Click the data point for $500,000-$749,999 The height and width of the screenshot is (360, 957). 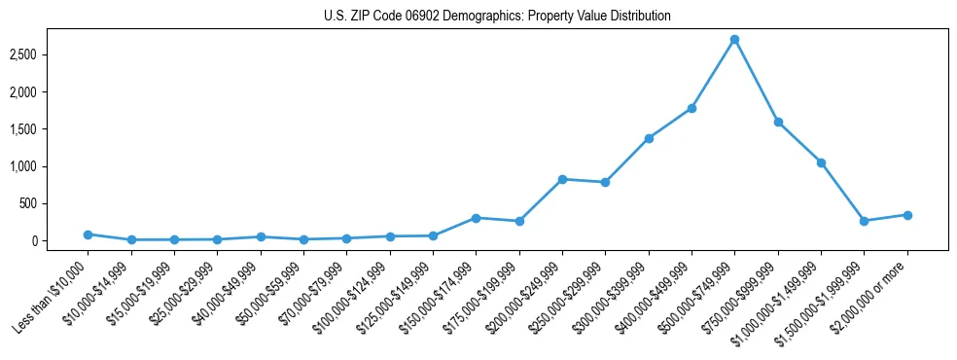tap(734, 40)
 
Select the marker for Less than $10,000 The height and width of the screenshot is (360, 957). tap(88, 234)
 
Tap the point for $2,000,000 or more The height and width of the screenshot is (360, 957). tap(906, 215)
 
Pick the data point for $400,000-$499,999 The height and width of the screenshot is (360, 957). tap(691, 108)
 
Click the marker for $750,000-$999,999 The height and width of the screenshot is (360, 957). tap(778, 122)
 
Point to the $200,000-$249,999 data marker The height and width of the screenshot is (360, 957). tap(562, 179)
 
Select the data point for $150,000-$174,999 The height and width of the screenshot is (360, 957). tap(476, 218)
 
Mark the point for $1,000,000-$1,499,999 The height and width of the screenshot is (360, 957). tap(821, 162)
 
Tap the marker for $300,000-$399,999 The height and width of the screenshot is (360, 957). tap(649, 138)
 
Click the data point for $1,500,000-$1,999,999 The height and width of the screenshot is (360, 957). tap(864, 221)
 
